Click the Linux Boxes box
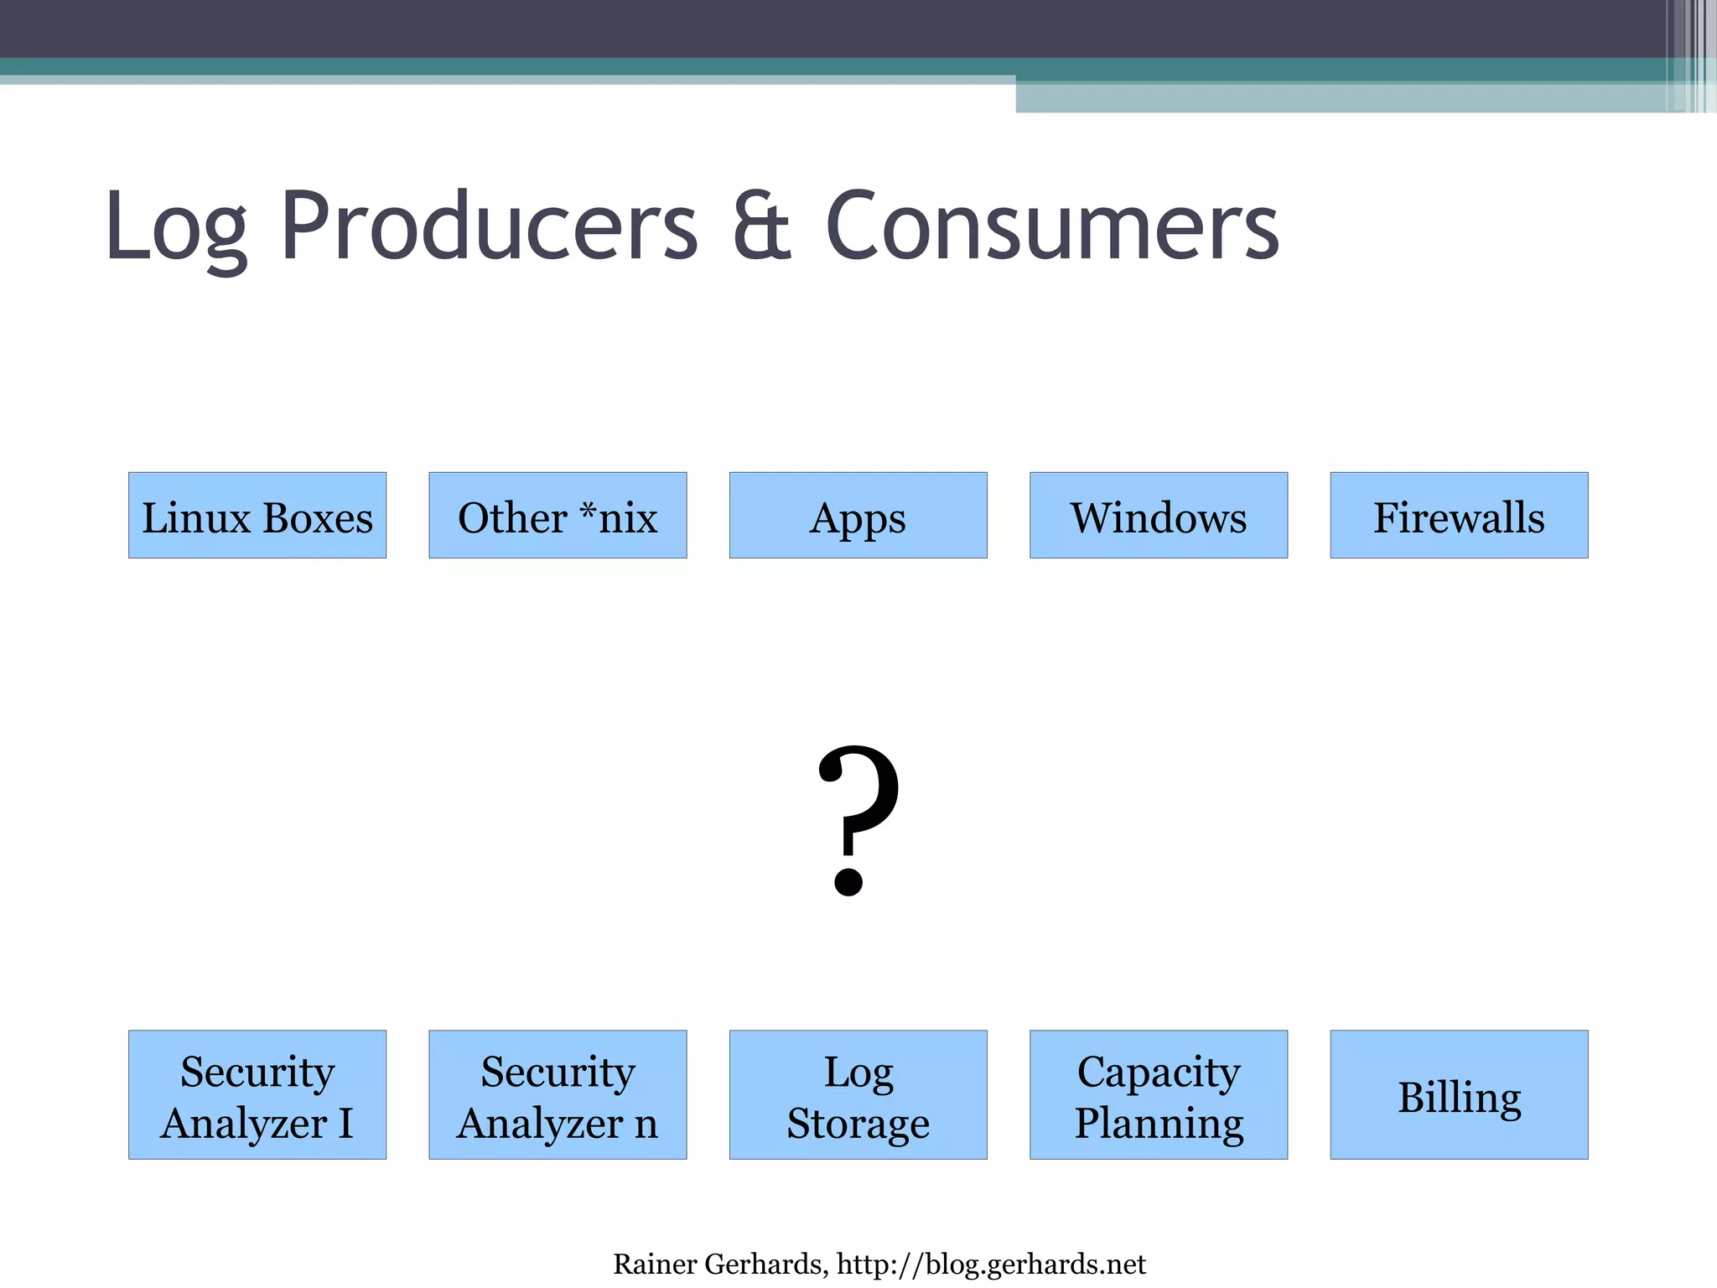pos(257,515)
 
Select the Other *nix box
pos(558,515)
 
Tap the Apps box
pos(858,515)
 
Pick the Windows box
pos(1158,515)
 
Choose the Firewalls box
pos(1459,515)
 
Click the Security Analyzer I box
pos(257,1094)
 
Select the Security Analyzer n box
pos(558,1094)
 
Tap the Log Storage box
pos(858,1094)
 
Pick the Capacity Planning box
pos(1158,1094)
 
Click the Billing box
pos(1459,1094)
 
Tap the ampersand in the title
pos(761,226)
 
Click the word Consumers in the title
pos(1052,226)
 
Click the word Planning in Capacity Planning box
pos(1159,1123)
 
